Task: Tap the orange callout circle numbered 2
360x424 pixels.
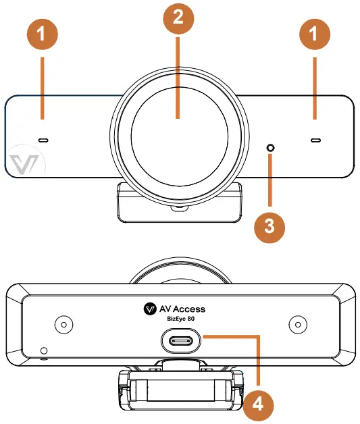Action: [x=178, y=18]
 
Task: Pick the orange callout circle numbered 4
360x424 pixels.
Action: [x=257, y=404]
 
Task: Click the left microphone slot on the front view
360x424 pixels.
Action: [x=43, y=140]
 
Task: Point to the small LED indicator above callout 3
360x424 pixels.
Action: [x=270, y=148]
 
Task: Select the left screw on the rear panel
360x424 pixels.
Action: [x=63, y=324]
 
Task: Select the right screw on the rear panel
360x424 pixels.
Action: [x=296, y=324]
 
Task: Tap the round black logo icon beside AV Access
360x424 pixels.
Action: [x=151, y=309]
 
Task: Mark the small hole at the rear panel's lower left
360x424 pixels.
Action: [x=44, y=351]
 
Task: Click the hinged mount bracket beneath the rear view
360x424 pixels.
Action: [x=180, y=392]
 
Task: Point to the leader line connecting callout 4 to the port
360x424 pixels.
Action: [x=257, y=358]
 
